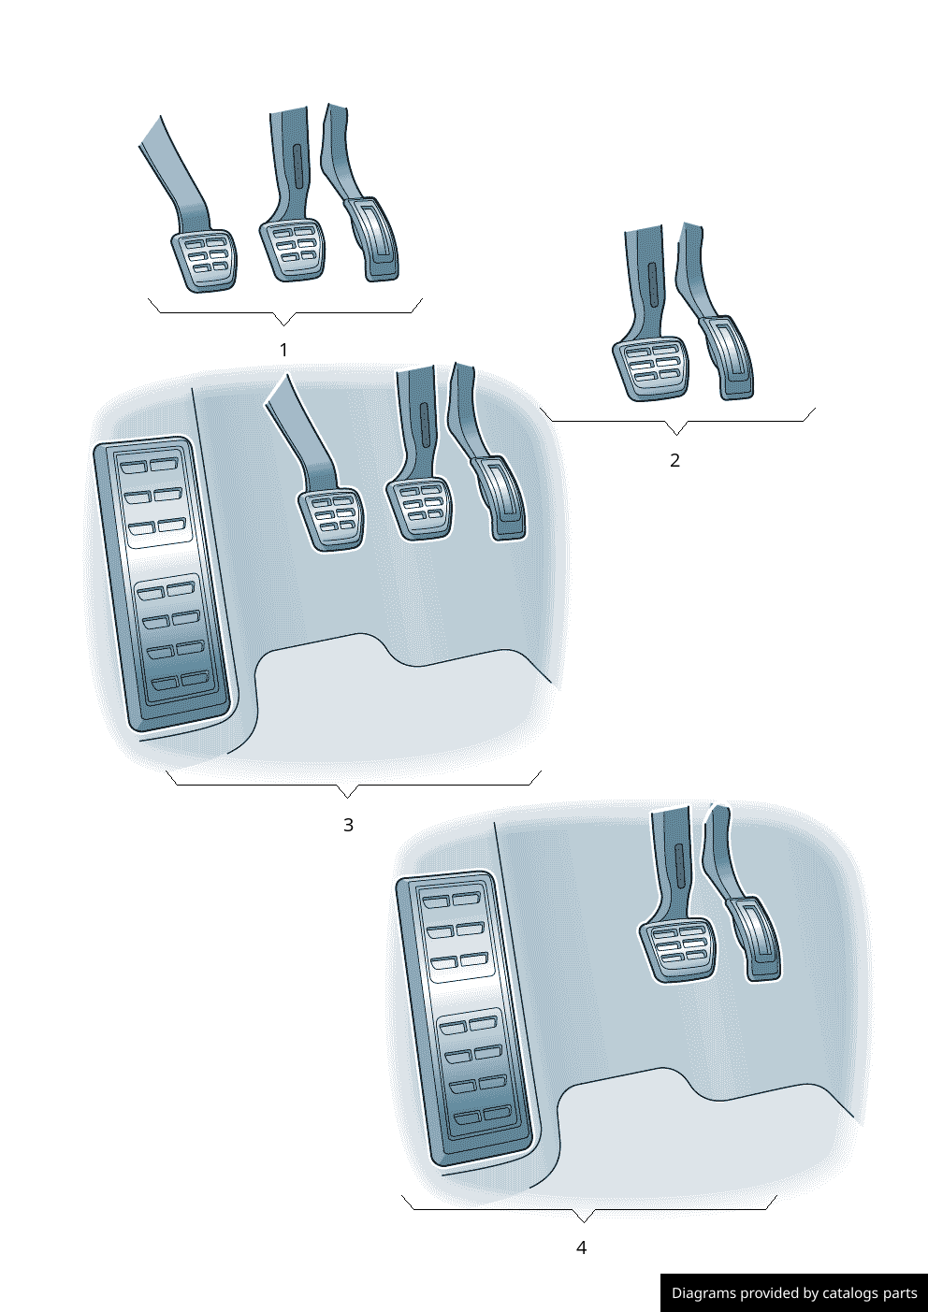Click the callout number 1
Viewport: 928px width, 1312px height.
[284, 351]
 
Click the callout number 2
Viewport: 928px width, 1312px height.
[674, 460]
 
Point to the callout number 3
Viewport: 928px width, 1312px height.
[348, 826]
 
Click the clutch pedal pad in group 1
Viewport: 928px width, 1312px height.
[205, 260]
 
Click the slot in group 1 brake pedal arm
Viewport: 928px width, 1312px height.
[297, 165]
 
